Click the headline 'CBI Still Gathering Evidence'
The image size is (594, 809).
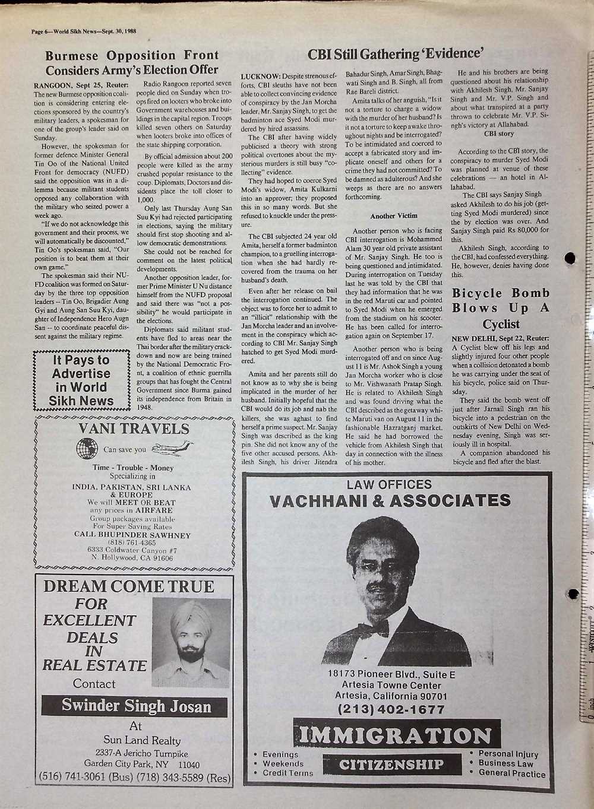pos(394,53)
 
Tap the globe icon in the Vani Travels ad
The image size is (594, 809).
pos(87,448)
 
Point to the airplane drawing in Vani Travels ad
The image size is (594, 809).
pos(172,448)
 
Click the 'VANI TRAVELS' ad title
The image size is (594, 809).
pos(134,429)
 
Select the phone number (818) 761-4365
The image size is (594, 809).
pos(131,542)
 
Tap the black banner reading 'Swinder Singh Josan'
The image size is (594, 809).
pos(136,706)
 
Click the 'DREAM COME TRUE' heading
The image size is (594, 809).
pos(129,587)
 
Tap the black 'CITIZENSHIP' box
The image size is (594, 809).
pos(392,764)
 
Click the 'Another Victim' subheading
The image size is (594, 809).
pos(393,215)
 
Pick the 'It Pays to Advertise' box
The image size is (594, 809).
pos(81,380)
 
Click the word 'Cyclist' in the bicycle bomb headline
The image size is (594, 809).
pos(501,324)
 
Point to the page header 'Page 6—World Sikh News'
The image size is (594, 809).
pos(85,31)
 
